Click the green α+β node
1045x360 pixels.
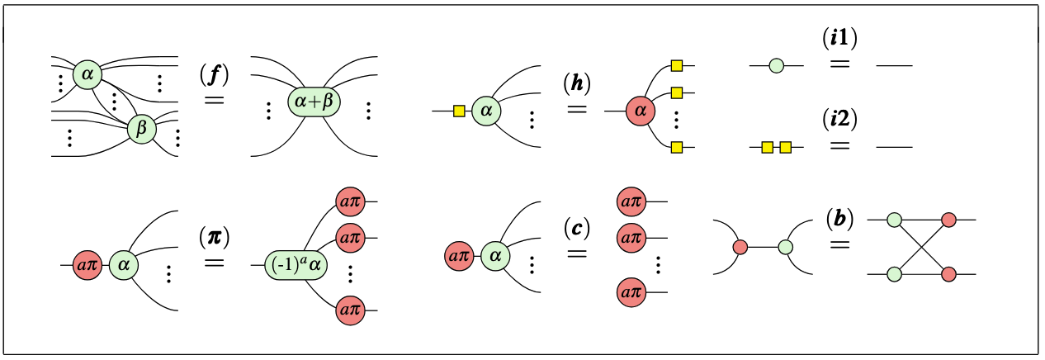click(x=314, y=101)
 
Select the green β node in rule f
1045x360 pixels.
click(x=141, y=128)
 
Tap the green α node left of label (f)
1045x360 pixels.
click(x=87, y=75)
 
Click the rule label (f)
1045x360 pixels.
click(x=214, y=74)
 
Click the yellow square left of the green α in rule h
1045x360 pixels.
click(x=459, y=110)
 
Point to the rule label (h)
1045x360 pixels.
click(x=577, y=83)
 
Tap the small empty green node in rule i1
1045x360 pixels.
click(x=776, y=64)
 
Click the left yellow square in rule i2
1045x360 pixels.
click(x=767, y=147)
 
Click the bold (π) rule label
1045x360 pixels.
click(x=214, y=239)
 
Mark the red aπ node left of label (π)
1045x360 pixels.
click(x=87, y=266)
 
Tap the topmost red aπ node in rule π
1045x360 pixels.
click(x=350, y=201)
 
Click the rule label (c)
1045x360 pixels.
click(x=577, y=225)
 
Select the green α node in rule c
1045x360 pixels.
click(x=495, y=256)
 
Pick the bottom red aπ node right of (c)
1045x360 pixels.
click(x=631, y=292)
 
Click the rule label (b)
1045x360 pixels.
click(x=839, y=219)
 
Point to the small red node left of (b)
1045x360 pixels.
click(x=740, y=246)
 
